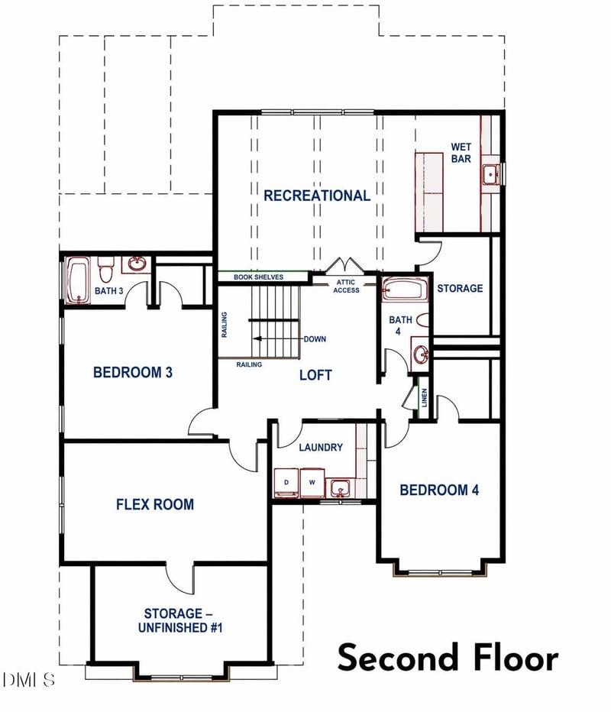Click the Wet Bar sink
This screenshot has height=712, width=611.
tap(490, 175)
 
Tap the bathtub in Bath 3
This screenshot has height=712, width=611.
tap(78, 280)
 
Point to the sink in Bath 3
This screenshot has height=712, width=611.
tap(136, 264)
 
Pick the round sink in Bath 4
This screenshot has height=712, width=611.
tap(420, 353)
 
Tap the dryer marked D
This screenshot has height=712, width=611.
tap(286, 483)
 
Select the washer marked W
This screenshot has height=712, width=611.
tap(312, 483)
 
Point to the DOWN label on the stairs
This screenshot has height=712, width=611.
tap(315, 338)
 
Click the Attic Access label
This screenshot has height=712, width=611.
tap(346, 286)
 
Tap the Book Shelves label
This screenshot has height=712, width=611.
tap(258, 277)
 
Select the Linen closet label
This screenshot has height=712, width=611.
tap(424, 398)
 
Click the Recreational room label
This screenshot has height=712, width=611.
tap(317, 196)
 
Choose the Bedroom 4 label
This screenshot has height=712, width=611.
tap(439, 490)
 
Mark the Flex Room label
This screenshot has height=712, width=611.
tap(155, 504)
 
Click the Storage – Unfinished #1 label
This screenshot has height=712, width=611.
tap(180, 621)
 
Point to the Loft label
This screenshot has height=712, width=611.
tap(315, 375)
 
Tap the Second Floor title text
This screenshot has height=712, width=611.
tap(448, 657)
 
